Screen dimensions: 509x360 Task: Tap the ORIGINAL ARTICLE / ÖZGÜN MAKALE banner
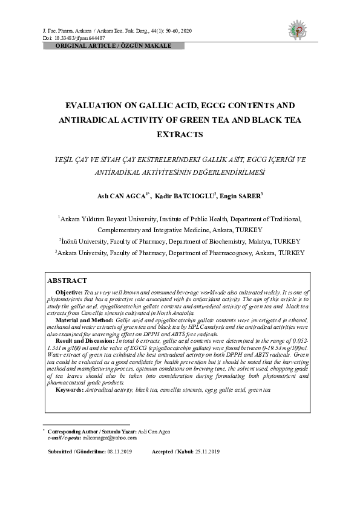pos(114,46)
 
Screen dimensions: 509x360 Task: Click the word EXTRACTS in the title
pos(180,134)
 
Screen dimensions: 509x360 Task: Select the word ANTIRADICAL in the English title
pos(89,120)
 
